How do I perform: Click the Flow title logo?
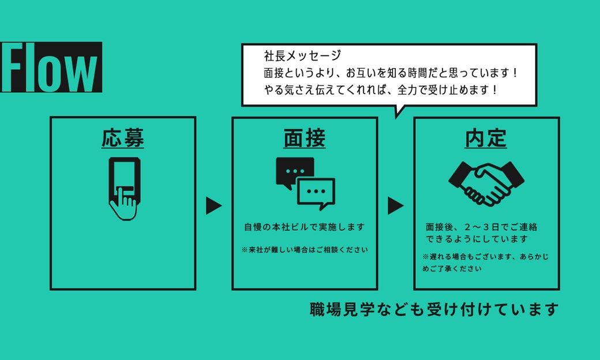(x=51, y=67)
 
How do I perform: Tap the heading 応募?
(x=123, y=138)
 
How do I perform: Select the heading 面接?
(x=305, y=138)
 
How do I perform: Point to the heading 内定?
(x=486, y=138)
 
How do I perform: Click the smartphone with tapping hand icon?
(x=124, y=188)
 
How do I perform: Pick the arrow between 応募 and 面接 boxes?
(x=213, y=206)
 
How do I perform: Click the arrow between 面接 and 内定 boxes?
(x=395, y=206)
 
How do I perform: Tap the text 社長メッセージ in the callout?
(x=302, y=56)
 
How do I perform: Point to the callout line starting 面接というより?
(x=391, y=73)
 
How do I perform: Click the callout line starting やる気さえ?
(x=381, y=90)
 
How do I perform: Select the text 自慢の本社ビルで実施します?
(x=305, y=227)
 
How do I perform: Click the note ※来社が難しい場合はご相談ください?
(x=305, y=250)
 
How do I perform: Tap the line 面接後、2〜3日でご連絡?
(x=481, y=227)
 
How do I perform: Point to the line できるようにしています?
(x=477, y=239)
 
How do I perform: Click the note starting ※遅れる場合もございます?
(x=486, y=262)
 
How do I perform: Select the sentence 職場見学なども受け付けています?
(x=434, y=309)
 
